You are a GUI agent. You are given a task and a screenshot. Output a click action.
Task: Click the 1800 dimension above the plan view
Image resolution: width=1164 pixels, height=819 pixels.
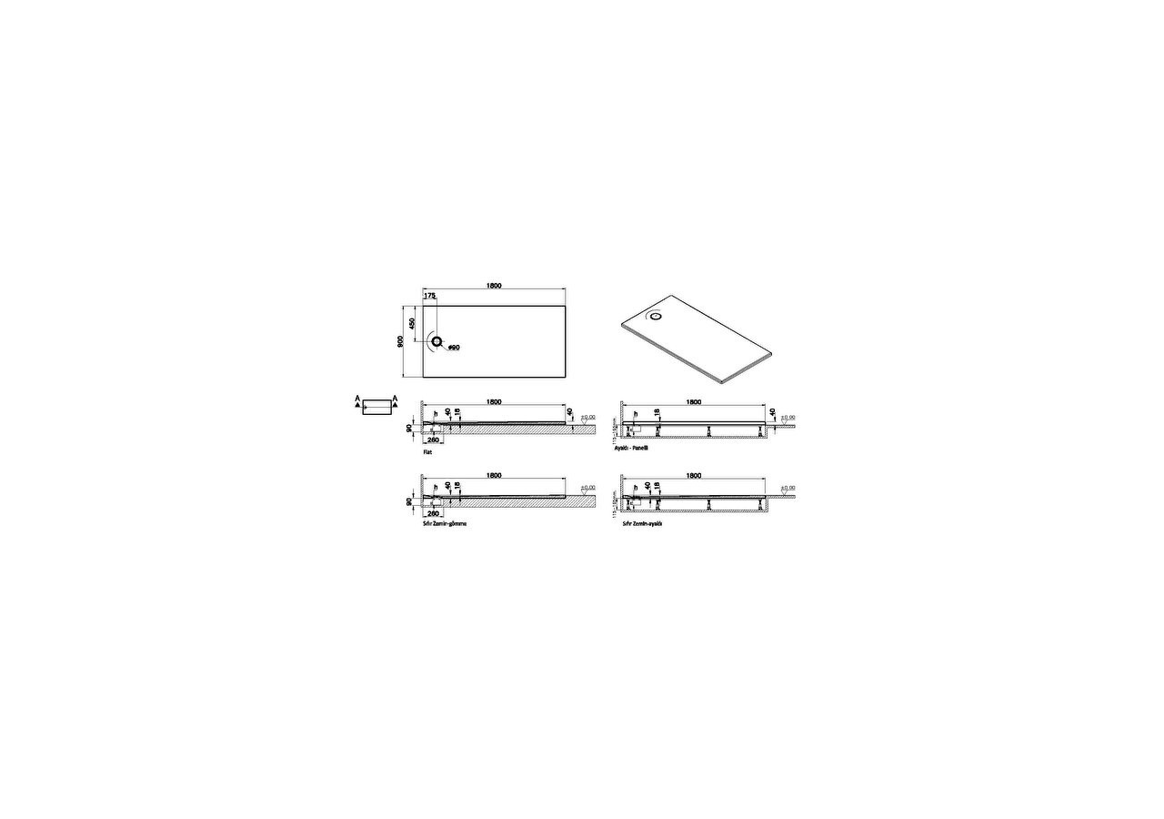pos(494,286)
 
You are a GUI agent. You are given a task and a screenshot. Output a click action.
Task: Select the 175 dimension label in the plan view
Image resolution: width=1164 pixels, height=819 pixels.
pos(429,296)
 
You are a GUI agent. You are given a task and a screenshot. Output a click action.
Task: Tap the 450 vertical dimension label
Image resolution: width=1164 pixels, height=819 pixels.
pos(412,323)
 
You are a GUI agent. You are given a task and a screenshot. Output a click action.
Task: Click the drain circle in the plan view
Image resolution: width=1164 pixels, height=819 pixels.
pos(437,341)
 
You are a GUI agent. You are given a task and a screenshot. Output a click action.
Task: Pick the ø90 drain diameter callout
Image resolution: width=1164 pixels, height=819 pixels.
pos(454,348)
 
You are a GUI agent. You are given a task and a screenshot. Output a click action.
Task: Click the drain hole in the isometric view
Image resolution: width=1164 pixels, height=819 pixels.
pos(657,317)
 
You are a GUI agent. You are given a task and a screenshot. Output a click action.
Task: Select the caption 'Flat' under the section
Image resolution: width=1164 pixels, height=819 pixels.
pos(427,451)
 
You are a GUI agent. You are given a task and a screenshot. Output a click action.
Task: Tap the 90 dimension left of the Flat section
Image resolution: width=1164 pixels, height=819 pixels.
pos(410,427)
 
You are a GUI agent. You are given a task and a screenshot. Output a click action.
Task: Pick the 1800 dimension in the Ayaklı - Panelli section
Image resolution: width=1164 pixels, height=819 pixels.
pos(693,401)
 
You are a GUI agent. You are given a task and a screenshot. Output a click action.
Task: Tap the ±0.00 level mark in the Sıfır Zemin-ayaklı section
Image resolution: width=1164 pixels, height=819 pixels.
pos(787,488)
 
